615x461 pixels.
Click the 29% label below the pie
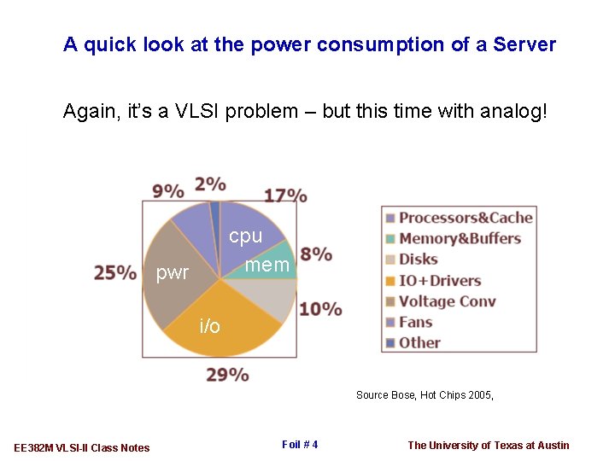[x=227, y=374]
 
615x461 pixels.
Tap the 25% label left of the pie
[x=115, y=272]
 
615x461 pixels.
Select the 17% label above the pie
[x=285, y=195]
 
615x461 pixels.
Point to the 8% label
[x=316, y=254]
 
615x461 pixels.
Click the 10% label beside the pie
[x=320, y=308]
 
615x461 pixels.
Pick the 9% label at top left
[x=168, y=190]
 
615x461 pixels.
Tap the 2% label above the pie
[x=210, y=184]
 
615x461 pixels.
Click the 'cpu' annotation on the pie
[x=245, y=236]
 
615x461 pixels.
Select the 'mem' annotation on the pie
[x=267, y=266]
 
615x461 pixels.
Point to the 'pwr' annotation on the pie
[x=173, y=273]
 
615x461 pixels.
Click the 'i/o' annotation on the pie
[x=209, y=326]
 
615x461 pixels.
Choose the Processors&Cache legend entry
[x=466, y=218]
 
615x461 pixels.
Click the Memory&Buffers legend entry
[x=460, y=238]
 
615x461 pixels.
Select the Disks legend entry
[x=418, y=260]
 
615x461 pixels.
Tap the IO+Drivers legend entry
[x=439, y=280]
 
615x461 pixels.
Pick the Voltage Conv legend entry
[x=447, y=301]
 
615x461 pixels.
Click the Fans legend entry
[x=415, y=322]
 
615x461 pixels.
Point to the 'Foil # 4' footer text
[x=299, y=444]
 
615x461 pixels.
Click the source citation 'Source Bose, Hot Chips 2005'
[x=425, y=395]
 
